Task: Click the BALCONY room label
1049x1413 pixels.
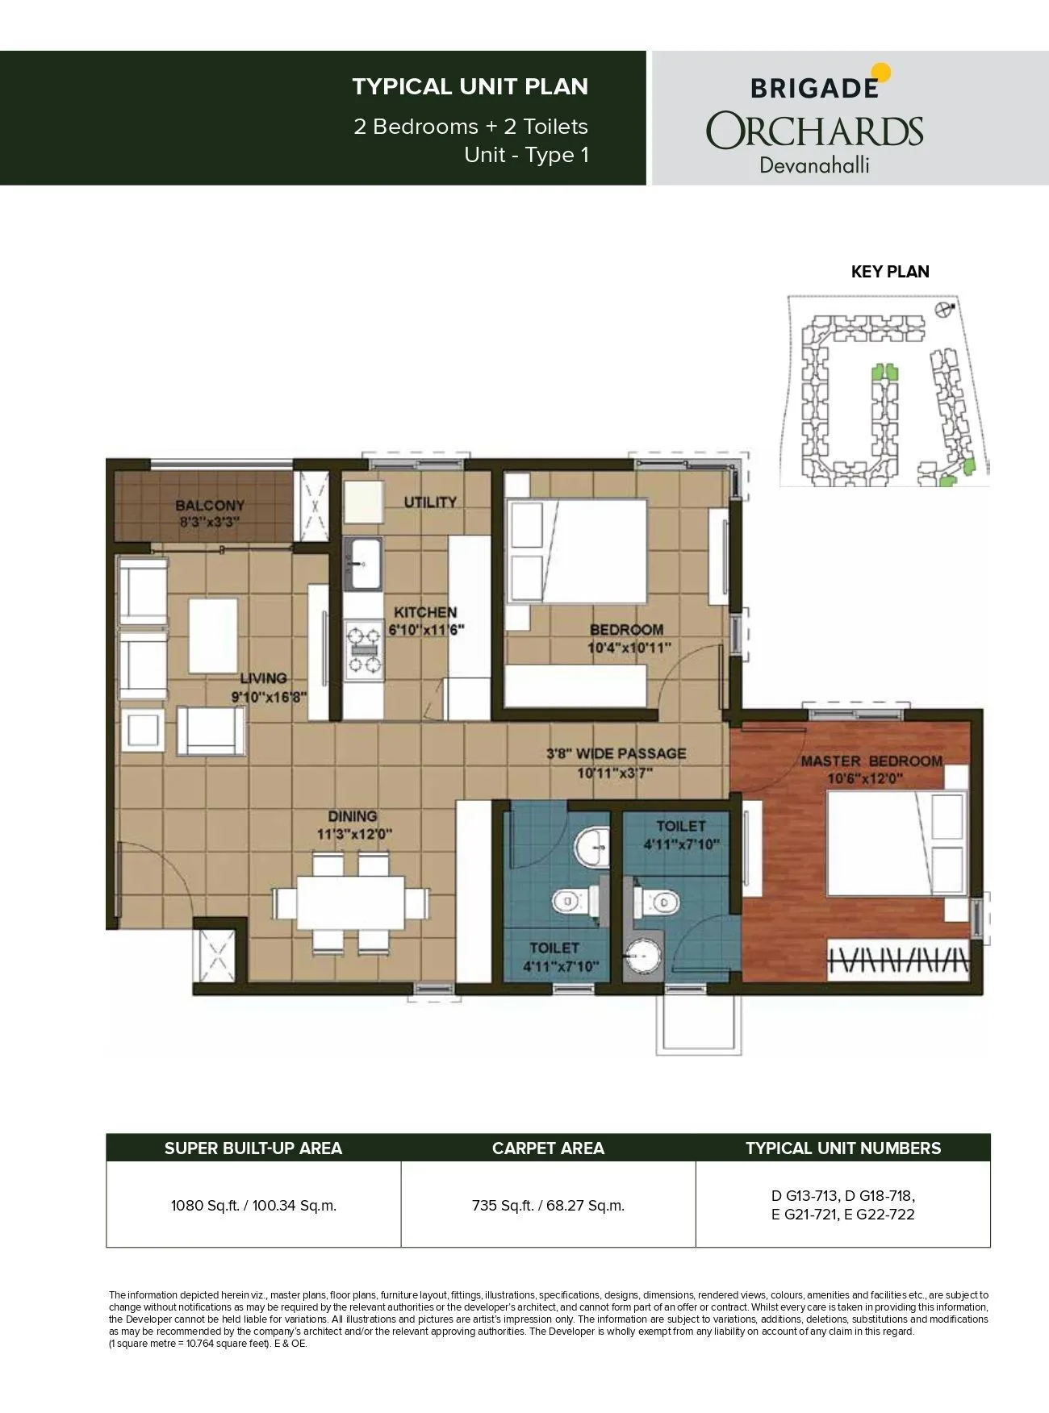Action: click(210, 506)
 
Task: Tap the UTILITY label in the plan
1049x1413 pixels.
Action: click(430, 502)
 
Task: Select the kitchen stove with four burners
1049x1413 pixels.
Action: click(364, 649)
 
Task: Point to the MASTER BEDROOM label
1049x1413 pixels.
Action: click(871, 761)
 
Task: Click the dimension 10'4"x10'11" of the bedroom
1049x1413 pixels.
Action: click(629, 648)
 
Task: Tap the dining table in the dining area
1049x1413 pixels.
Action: click(351, 902)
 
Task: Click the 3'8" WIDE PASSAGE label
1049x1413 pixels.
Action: click(616, 753)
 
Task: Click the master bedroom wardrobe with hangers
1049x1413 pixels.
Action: click(896, 961)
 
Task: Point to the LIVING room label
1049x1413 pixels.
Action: click(263, 678)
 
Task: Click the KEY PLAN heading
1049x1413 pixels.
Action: click(890, 272)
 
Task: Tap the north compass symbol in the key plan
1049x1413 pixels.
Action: click(942, 310)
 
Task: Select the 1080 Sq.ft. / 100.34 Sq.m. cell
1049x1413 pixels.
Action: click(253, 1206)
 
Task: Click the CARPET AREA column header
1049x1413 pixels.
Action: click(548, 1148)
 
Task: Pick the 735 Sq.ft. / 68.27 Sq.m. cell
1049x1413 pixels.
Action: click(548, 1206)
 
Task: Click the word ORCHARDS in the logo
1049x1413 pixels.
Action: click(815, 131)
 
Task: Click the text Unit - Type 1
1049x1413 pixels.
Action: click(526, 155)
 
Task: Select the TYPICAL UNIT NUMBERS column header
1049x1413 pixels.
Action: click(842, 1148)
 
